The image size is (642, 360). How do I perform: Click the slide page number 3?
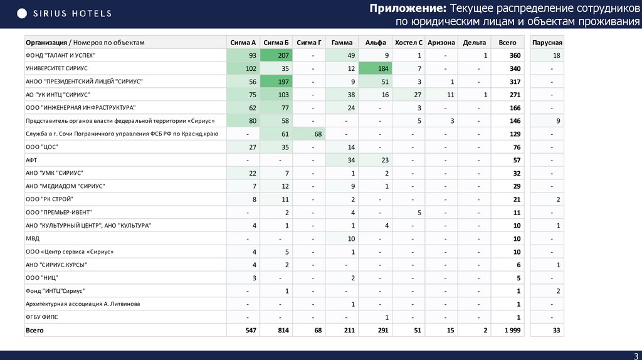tap(635, 356)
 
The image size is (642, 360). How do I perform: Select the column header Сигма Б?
tap(276, 43)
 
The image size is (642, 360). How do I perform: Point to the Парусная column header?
tap(547, 43)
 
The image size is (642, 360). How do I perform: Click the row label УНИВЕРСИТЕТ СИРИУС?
tap(57, 68)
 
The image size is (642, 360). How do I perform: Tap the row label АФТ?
tap(31, 160)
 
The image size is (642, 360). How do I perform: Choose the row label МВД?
tap(33, 238)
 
